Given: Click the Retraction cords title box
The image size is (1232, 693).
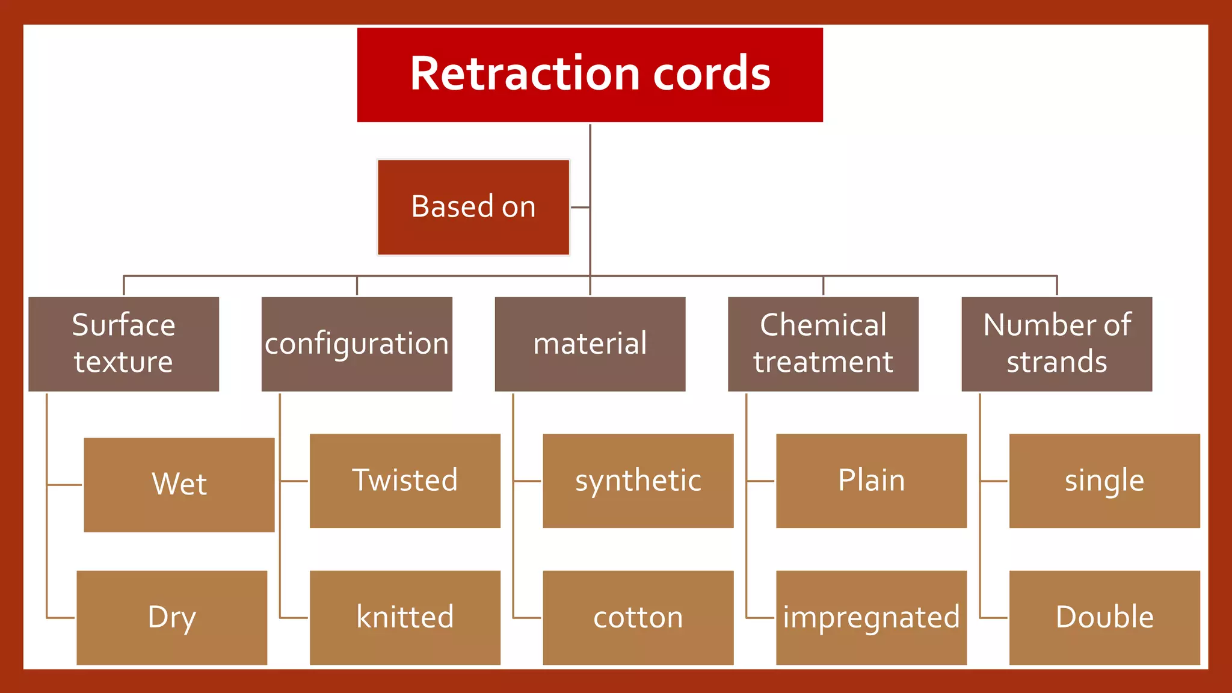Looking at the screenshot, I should pos(590,75).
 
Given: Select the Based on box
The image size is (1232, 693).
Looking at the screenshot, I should pos(473,208).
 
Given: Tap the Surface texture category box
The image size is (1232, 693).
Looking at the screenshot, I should pos(124,344).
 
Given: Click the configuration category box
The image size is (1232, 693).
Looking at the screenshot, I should pos(357,344).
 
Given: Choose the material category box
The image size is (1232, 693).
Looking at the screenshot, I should pos(590,344).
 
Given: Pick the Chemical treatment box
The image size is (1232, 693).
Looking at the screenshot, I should pos(823,344).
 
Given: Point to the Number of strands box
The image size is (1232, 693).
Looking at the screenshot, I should pos(1057,344).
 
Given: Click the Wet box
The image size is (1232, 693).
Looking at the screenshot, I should pos(179,485).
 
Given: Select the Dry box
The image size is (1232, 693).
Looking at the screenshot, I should pos(172,618).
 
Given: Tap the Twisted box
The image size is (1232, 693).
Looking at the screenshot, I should pos(405,481).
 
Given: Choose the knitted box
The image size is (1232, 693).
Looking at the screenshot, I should pos(405,618).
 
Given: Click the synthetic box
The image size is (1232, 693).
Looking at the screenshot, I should pos(638,481).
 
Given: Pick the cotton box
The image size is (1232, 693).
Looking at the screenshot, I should pos(638,618).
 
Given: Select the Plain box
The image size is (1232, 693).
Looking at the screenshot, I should pos(872,481).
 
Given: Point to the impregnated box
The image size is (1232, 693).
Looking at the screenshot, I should pos(872,618).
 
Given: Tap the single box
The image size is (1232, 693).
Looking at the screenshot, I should pos(1104,481).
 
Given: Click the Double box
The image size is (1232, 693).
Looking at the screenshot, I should pos(1104,618).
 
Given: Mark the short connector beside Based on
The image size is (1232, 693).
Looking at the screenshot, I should pos(580,208).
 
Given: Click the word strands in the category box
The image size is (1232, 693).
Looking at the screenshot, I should pos(1057,363).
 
